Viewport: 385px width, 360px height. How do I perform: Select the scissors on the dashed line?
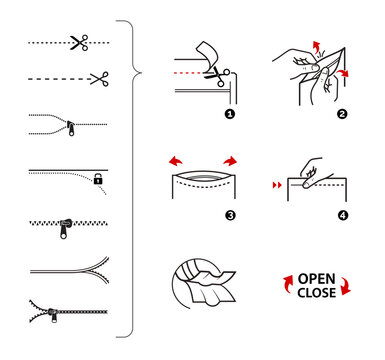97,78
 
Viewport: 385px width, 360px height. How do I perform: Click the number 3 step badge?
228,215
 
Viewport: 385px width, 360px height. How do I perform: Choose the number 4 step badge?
341,215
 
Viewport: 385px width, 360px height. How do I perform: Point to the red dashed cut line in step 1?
190,73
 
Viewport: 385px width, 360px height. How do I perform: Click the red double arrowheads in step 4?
277,185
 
